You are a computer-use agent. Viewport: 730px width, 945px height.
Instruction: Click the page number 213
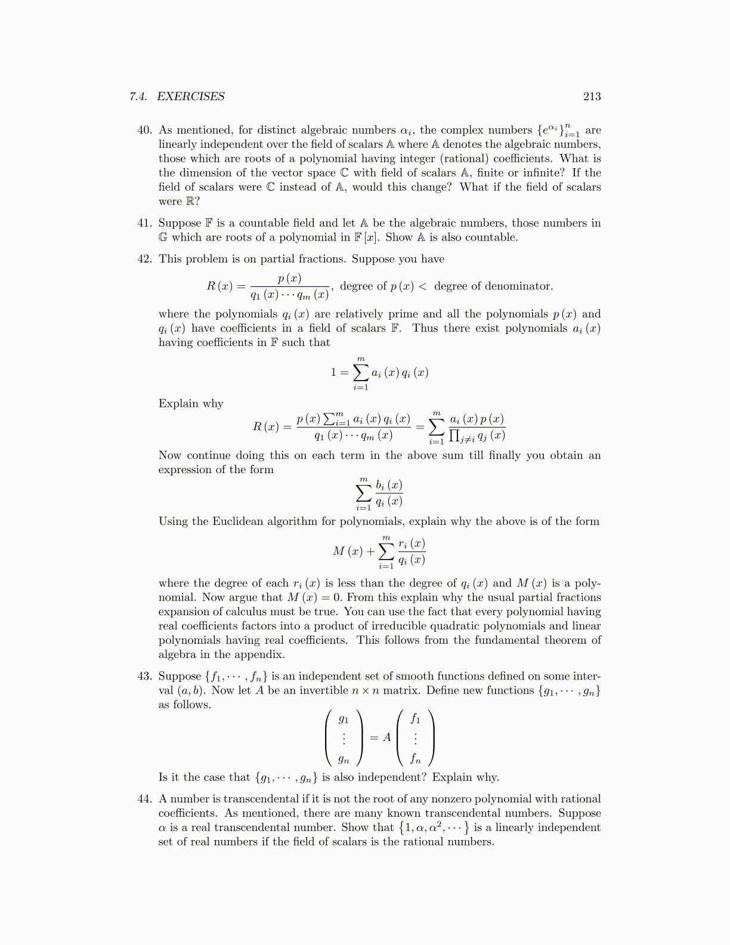tap(592, 97)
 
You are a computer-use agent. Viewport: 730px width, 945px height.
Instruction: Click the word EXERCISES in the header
tap(190, 97)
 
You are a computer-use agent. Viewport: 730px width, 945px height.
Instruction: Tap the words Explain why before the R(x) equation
tap(191, 404)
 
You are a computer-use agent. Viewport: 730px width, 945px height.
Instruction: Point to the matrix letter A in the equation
tap(387, 737)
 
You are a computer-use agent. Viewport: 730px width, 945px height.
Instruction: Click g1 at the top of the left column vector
tap(344, 719)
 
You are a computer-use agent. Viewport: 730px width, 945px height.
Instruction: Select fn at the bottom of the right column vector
tap(415, 759)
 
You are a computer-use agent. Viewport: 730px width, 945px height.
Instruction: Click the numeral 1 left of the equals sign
tap(333, 373)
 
